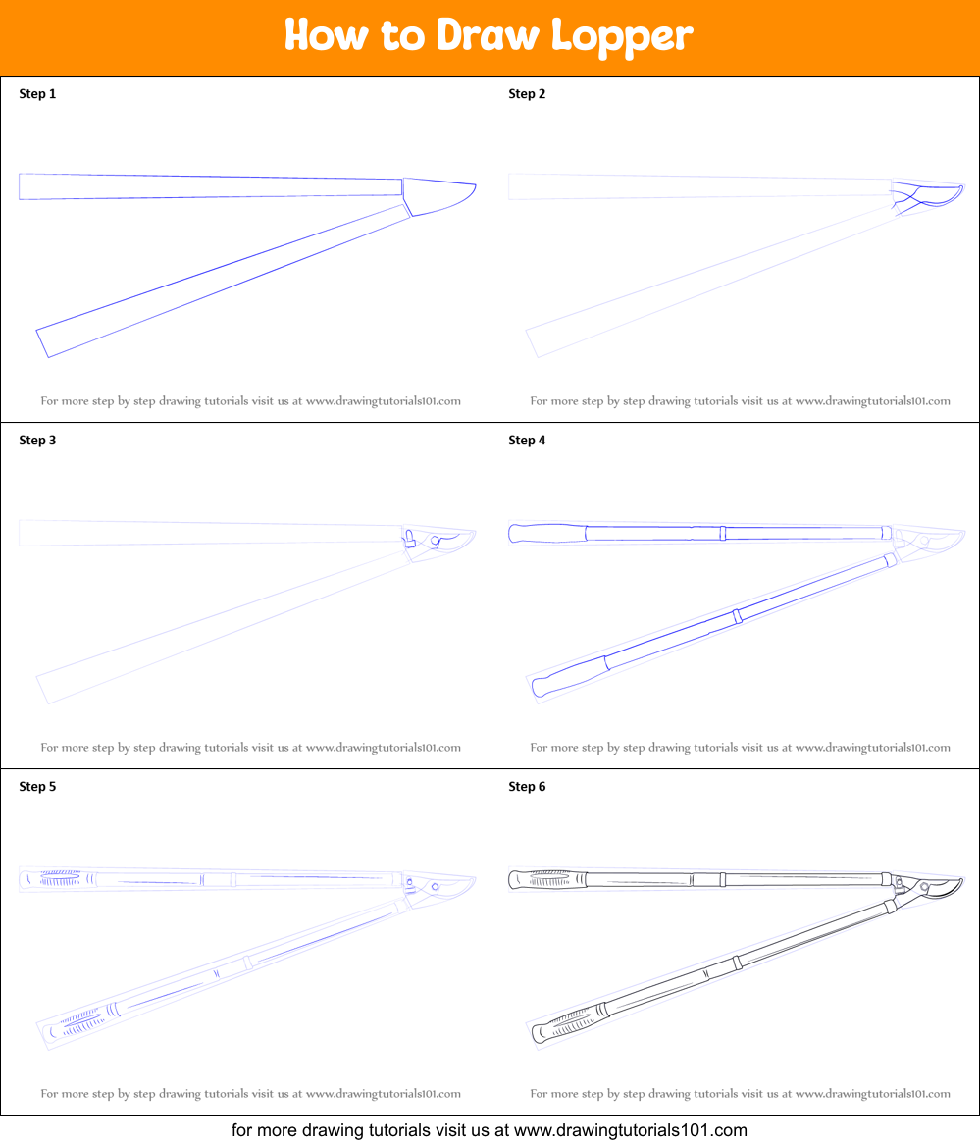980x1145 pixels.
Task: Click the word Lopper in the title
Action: pos(622,36)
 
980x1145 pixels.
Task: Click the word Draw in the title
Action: pos(488,36)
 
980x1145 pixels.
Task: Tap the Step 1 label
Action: pos(37,94)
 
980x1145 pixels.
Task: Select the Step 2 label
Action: pos(527,94)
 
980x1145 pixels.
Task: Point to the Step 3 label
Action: pos(37,441)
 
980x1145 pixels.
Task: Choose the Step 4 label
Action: pos(527,441)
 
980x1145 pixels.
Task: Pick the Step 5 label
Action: pos(37,787)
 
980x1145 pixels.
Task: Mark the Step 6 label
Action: pos(527,787)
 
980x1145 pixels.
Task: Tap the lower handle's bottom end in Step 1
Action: pos(45,342)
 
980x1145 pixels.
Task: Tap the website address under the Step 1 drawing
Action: pos(383,401)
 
